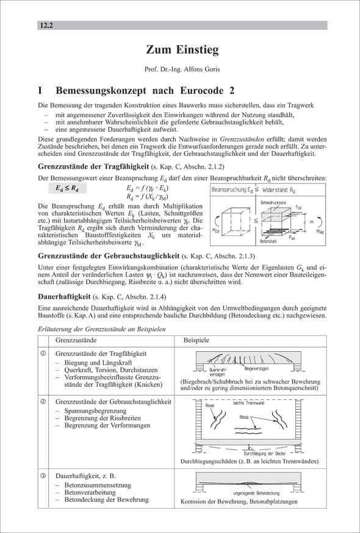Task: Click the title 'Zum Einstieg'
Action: coord(182,49)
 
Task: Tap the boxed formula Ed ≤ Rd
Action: coord(63,188)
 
